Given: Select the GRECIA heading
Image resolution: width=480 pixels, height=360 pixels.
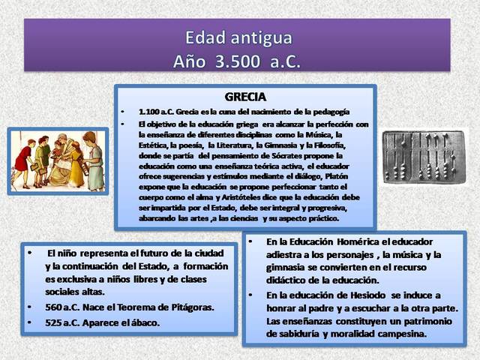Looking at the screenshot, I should click(x=246, y=97).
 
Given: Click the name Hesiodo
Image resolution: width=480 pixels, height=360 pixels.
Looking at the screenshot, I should click(x=359, y=295).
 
